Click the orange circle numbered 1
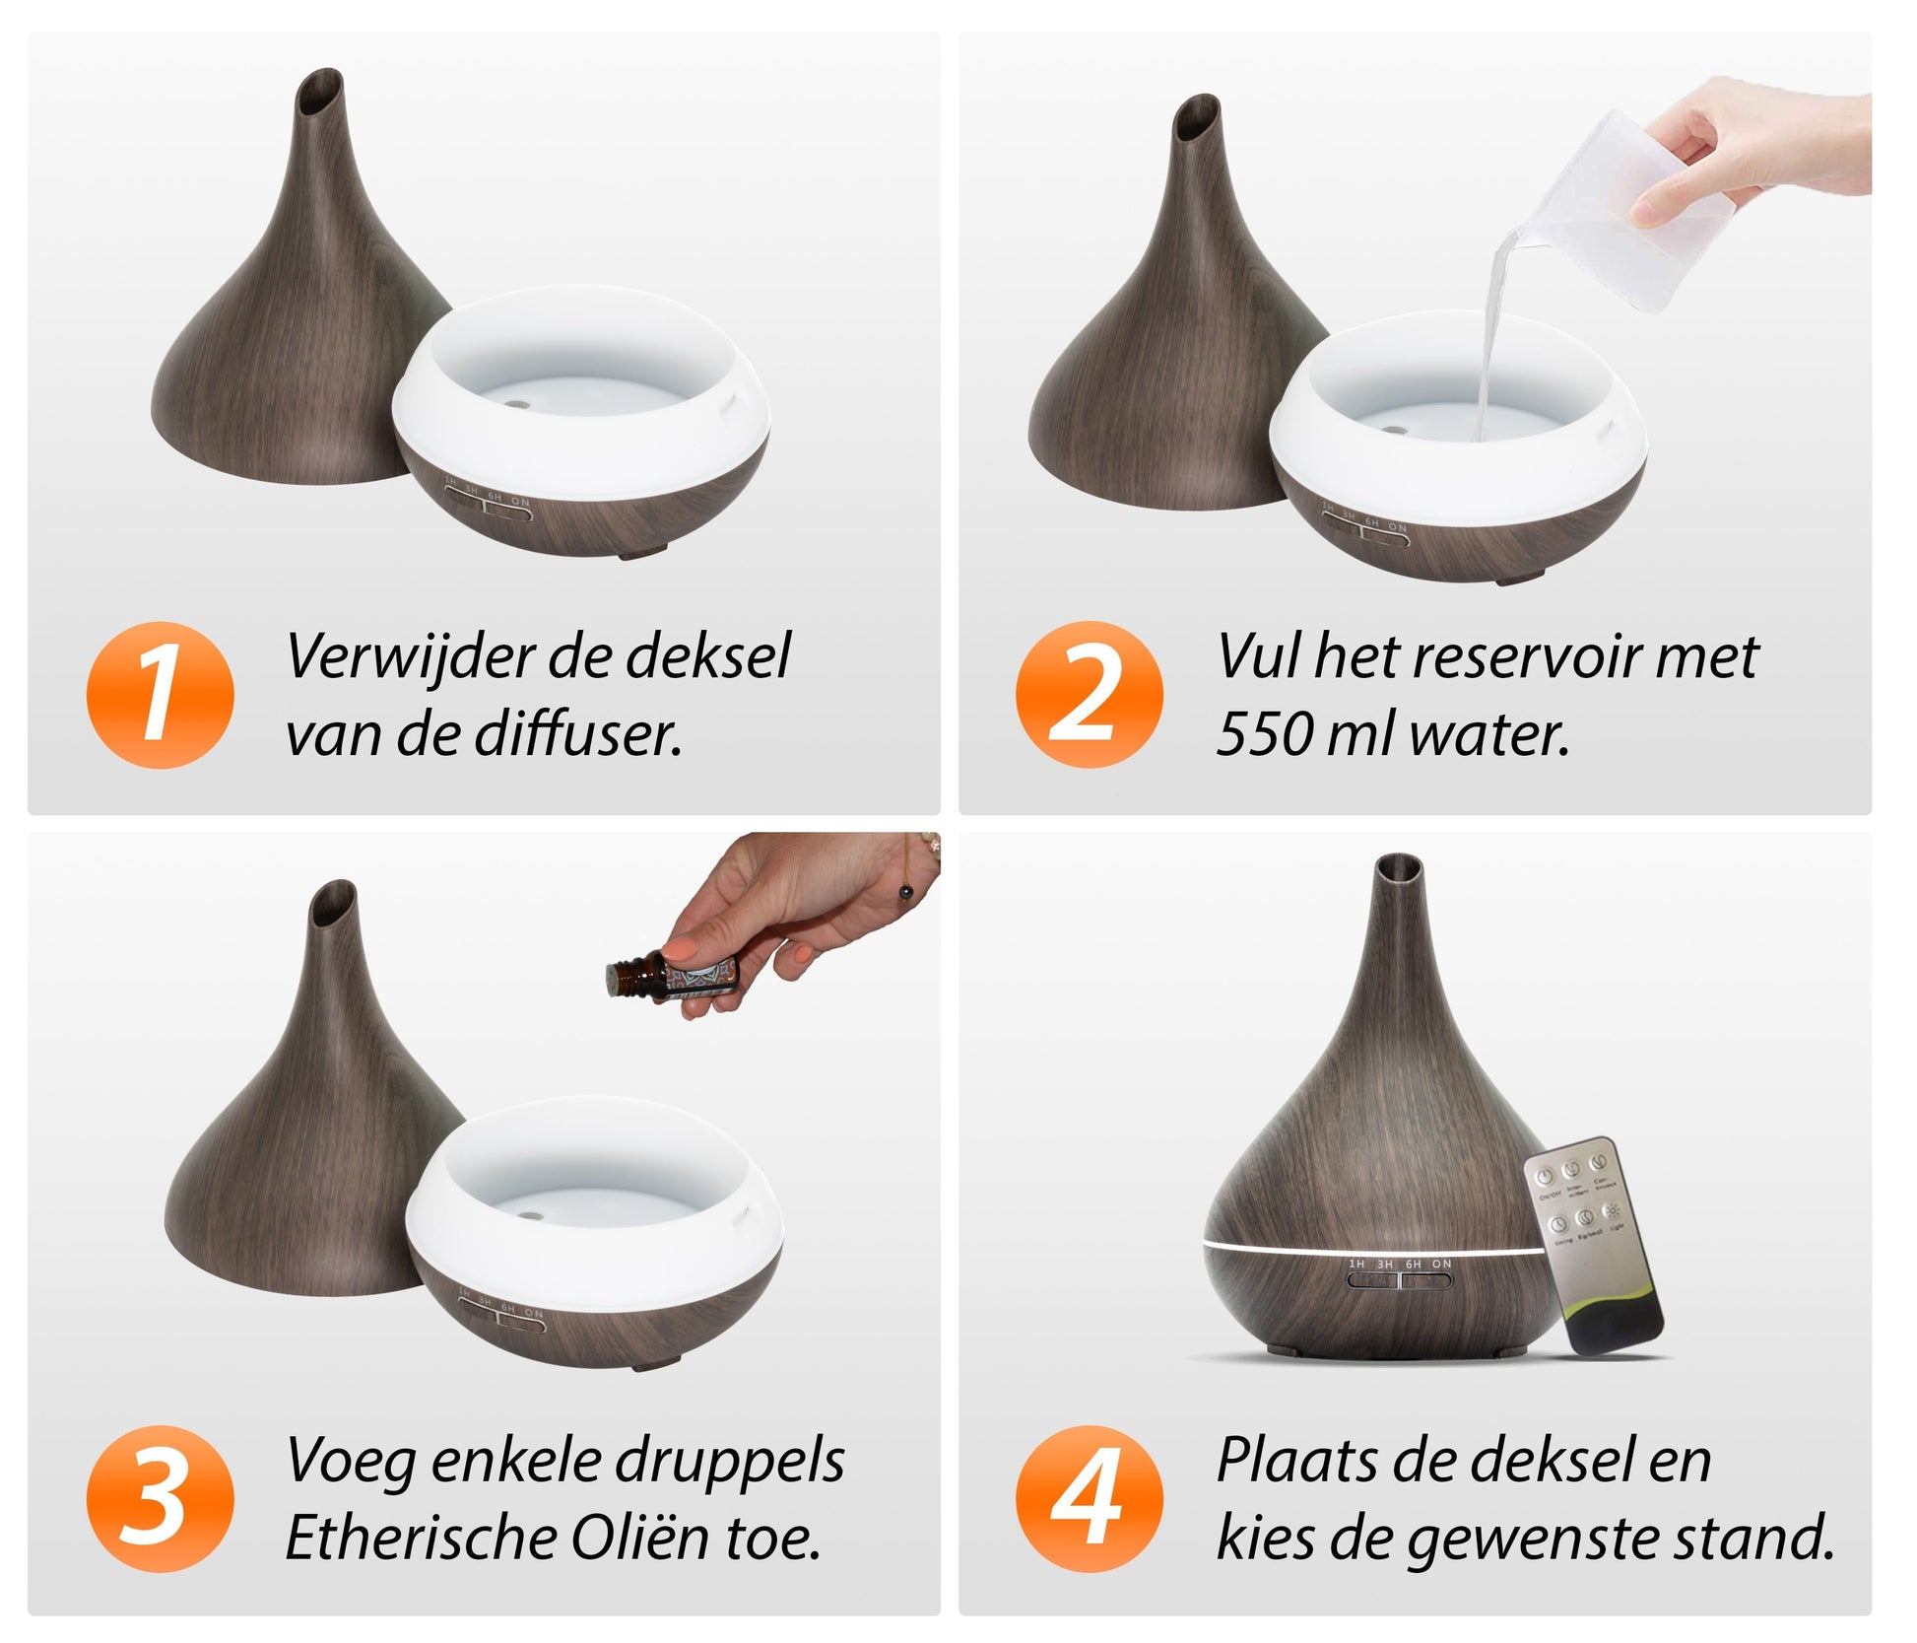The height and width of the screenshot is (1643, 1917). [x=161, y=694]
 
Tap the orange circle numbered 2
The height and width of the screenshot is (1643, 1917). [x=1089, y=694]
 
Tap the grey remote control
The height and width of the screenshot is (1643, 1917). [x=1590, y=1241]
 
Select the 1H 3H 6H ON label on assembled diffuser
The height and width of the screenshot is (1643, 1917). [x=1399, y=1264]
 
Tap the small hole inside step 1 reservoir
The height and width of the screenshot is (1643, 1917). [x=516, y=404]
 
